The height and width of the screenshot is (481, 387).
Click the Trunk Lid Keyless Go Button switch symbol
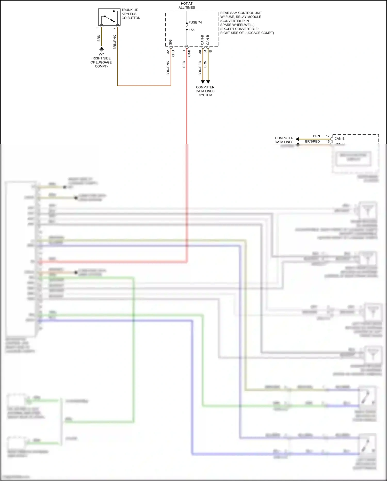tap(109, 17)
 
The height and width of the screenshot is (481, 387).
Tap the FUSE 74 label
tap(195, 22)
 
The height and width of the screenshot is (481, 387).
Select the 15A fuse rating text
tap(191, 30)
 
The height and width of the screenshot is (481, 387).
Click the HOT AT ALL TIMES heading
tap(187, 5)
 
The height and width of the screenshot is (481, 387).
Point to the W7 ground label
tap(101, 54)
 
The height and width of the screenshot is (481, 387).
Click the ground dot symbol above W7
tap(102, 49)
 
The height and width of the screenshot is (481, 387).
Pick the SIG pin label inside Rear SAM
tap(171, 42)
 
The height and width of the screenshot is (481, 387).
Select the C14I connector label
tap(189, 54)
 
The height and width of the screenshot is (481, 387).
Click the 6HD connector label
tap(173, 53)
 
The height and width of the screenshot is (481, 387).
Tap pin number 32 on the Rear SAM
tap(168, 52)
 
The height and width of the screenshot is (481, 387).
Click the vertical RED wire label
tap(184, 64)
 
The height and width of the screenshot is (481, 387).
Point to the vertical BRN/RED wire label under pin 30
tap(200, 68)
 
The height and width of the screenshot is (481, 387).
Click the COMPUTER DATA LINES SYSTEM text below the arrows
tap(205, 91)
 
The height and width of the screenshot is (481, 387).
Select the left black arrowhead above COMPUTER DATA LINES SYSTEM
tap(203, 82)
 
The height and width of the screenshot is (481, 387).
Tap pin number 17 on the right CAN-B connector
tap(328, 136)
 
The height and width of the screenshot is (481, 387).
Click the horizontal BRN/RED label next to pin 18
tap(312, 141)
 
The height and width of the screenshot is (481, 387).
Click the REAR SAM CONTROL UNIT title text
tap(241, 13)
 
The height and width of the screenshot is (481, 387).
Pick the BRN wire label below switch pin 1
tap(99, 38)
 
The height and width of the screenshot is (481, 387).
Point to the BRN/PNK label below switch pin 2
tap(115, 42)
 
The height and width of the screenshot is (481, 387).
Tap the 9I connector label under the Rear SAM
tap(211, 51)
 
